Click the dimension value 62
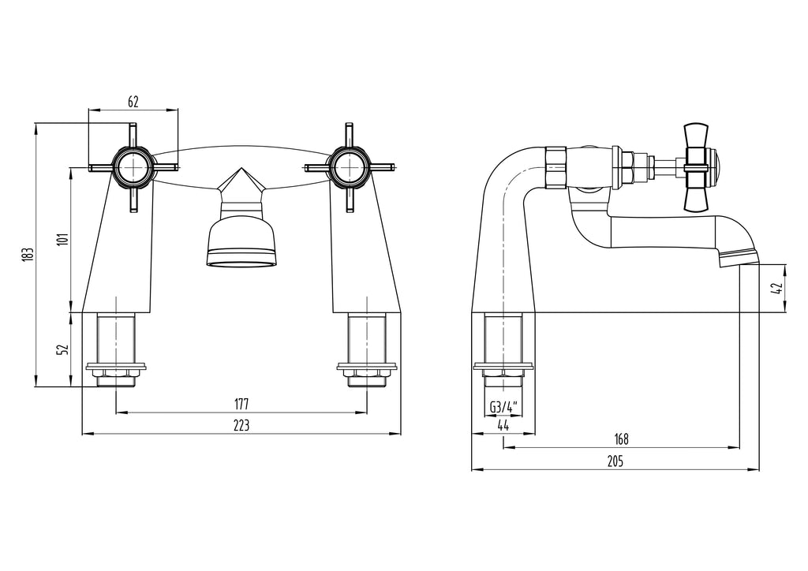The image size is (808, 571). [133, 101]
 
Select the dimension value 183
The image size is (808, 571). [26, 254]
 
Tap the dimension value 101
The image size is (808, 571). [62, 239]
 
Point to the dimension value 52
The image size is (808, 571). [62, 349]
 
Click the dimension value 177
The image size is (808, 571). [241, 404]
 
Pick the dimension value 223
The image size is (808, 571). [241, 426]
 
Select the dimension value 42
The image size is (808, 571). [778, 289]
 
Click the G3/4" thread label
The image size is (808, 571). [503, 407]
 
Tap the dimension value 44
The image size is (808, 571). [503, 426]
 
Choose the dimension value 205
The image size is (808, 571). [615, 462]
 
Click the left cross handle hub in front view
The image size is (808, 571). [133, 166]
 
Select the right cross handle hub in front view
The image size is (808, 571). [349, 166]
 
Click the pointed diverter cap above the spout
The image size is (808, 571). [241, 186]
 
